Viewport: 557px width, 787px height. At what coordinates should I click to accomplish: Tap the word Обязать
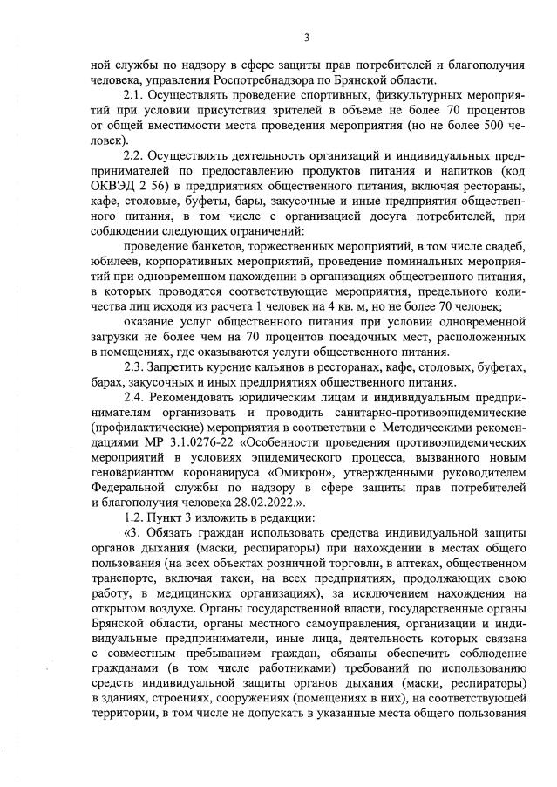(x=173, y=530)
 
